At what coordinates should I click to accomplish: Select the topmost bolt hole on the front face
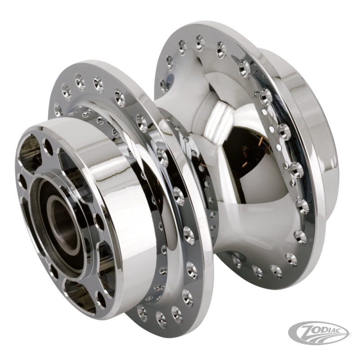[48, 145]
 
